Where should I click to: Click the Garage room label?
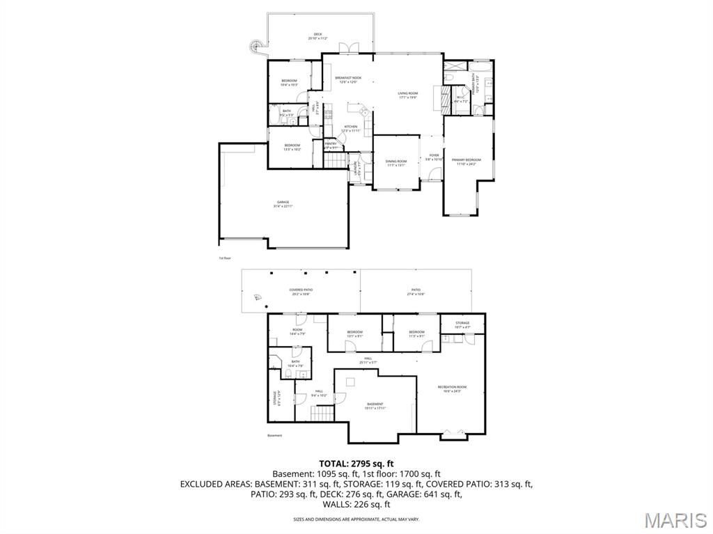pos(283,205)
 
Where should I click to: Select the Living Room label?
pos(407,95)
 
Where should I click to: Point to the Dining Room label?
pos(396,163)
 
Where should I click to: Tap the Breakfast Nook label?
pos(347,79)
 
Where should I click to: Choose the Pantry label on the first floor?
pos(330,146)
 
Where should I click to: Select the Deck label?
pos(318,36)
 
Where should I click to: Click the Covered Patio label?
pos(301,292)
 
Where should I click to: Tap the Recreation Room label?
pos(452,388)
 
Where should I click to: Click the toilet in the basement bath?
pos(287,374)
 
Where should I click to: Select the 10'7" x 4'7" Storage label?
pos(462,324)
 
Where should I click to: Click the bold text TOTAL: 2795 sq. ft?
pos(356,463)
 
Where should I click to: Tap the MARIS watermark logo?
pos(675,519)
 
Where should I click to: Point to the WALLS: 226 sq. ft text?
pos(356,504)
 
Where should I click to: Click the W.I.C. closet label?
pos(460,100)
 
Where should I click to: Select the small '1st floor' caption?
pos(224,258)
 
